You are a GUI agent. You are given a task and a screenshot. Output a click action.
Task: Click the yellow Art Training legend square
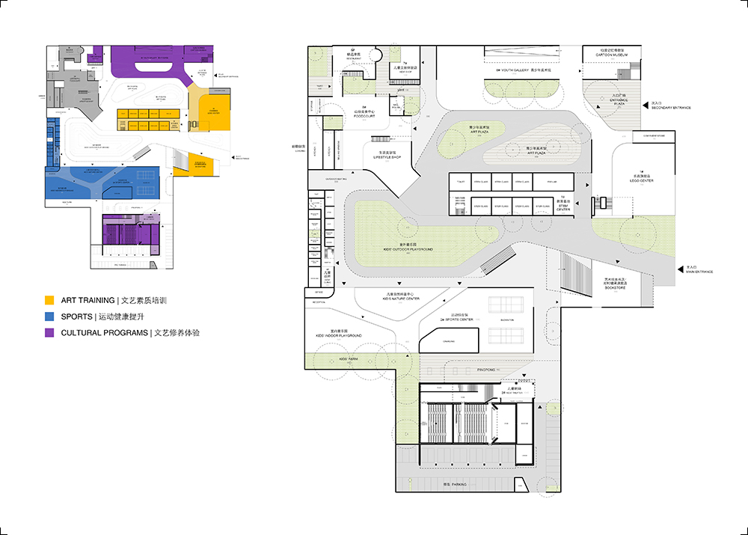[49, 301]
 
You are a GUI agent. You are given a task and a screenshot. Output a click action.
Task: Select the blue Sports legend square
[49, 317]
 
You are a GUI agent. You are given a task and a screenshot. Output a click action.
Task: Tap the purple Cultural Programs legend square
[49, 332]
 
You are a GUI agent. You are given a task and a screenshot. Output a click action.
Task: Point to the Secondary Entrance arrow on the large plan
[645, 106]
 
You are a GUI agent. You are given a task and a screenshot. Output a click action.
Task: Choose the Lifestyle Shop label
[387, 156]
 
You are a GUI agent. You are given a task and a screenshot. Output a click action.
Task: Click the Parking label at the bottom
[454, 484]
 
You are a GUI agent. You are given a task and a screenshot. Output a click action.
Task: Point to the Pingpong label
[486, 369]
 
